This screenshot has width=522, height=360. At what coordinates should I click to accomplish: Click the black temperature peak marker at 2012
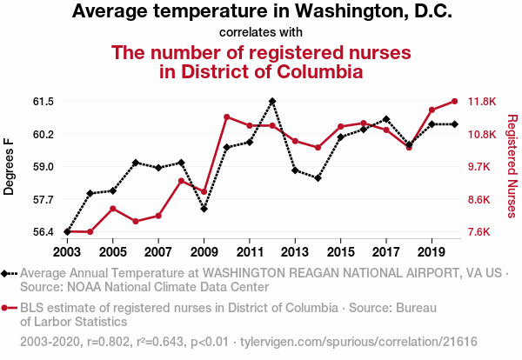(x=272, y=101)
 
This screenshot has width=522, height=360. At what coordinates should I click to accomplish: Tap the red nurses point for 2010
(x=227, y=117)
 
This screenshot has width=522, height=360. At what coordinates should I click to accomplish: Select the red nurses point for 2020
(x=454, y=101)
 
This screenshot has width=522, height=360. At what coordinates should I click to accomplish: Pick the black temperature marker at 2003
(x=68, y=231)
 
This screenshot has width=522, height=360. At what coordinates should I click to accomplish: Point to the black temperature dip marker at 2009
(x=204, y=209)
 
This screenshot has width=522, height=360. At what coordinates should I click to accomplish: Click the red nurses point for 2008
(x=181, y=181)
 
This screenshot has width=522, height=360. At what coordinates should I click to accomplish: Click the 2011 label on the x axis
(x=250, y=252)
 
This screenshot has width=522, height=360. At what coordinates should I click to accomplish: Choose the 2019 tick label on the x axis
(x=432, y=252)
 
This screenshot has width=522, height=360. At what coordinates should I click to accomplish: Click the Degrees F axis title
(x=10, y=166)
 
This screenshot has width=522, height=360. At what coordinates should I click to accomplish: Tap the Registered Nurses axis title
(x=511, y=166)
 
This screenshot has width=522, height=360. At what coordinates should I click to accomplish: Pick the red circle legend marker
(x=7, y=308)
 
